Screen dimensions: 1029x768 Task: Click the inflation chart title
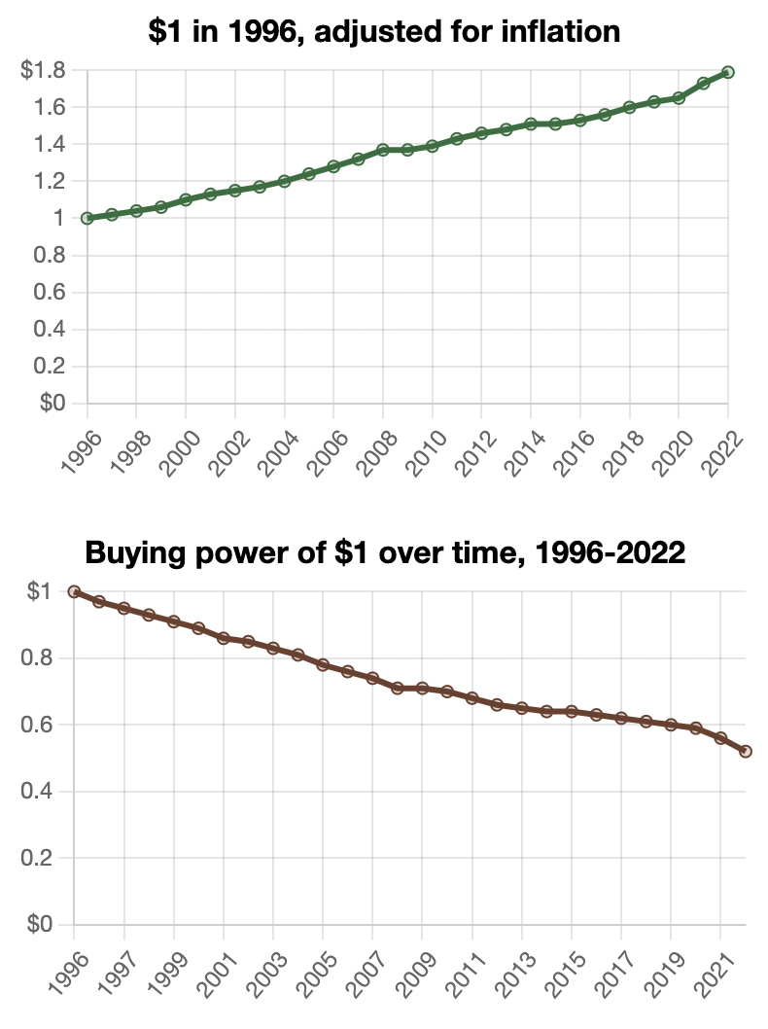click(x=384, y=32)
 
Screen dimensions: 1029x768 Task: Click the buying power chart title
click(x=386, y=552)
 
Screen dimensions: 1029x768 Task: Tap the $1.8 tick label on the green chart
click(x=43, y=70)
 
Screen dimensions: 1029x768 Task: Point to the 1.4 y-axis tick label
click(x=50, y=144)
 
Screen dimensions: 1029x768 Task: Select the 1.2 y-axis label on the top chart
click(x=50, y=181)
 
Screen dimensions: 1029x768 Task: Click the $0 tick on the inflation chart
click(x=52, y=403)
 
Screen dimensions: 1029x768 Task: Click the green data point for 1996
click(x=87, y=218)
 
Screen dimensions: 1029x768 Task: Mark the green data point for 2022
click(x=728, y=72)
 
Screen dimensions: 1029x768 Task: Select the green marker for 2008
click(x=383, y=150)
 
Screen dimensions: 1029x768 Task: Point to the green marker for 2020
click(x=679, y=97)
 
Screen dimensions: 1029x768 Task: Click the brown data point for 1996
click(x=75, y=591)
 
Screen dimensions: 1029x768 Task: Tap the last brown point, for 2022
click(x=746, y=751)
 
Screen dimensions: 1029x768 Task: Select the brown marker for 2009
click(x=422, y=688)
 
